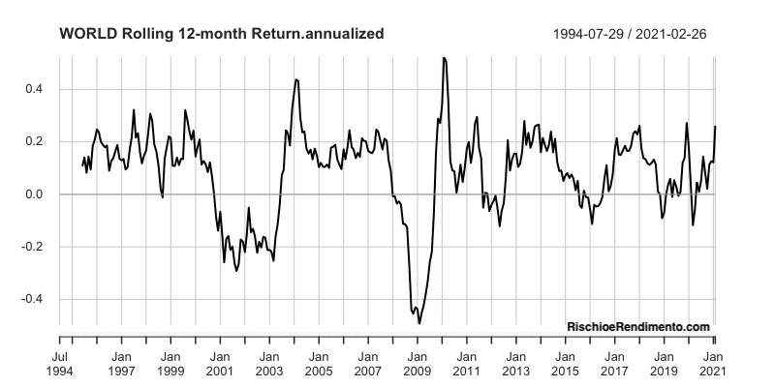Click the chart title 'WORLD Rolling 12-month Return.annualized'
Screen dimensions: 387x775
pos(222,34)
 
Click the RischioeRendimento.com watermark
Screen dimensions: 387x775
pos(638,327)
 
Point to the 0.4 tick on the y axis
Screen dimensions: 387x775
pos(34,90)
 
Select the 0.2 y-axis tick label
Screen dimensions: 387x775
pos(34,142)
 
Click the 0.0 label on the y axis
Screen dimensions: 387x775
pos(34,194)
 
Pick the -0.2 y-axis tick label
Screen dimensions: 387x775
pos(32,247)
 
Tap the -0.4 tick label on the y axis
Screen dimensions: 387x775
pos(32,299)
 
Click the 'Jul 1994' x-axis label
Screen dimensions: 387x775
pos(60,363)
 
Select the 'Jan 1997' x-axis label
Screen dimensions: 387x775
pos(121,363)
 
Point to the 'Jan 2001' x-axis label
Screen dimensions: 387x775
pos(220,363)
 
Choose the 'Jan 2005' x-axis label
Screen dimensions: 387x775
pos(318,363)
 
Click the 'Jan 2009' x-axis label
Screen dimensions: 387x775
pos(417,363)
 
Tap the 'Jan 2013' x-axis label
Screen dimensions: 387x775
pos(515,363)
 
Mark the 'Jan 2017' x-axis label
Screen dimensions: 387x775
pos(614,363)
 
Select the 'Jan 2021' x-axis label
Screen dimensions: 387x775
pos(713,363)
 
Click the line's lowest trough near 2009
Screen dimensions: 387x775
pos(418,322)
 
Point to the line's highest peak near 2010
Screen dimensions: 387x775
pos(443,58)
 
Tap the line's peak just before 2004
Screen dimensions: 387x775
pos(295,79)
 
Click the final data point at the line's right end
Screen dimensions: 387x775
pos(716,127)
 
